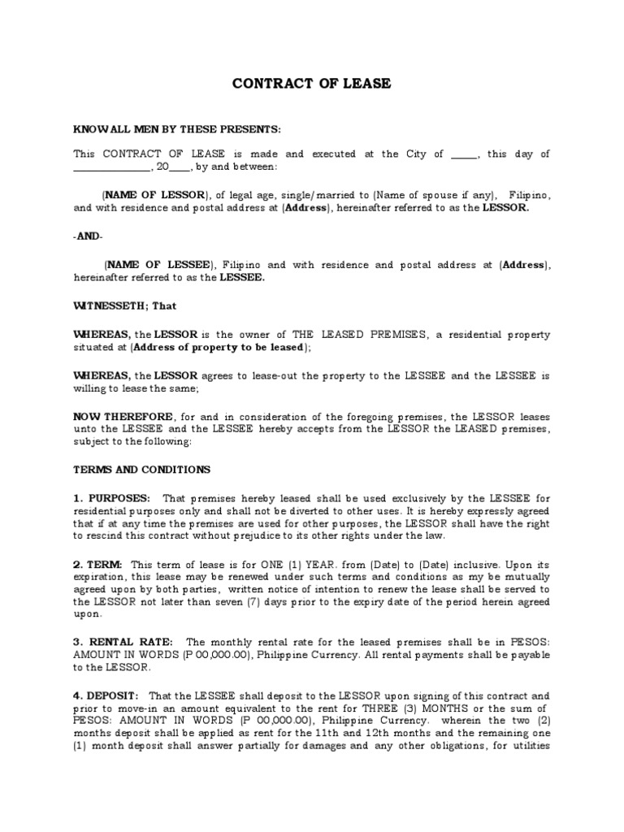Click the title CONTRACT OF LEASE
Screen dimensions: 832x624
click(312, 84)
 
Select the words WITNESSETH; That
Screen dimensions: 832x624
click(124, 306)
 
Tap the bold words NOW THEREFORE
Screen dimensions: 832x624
click(123, 417)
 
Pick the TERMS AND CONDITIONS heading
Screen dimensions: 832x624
click(141, 470)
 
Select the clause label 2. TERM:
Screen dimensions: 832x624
click(97, 564)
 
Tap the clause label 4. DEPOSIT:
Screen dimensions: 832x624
click(106, 695)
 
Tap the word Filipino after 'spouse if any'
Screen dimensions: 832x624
click(530, 196)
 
